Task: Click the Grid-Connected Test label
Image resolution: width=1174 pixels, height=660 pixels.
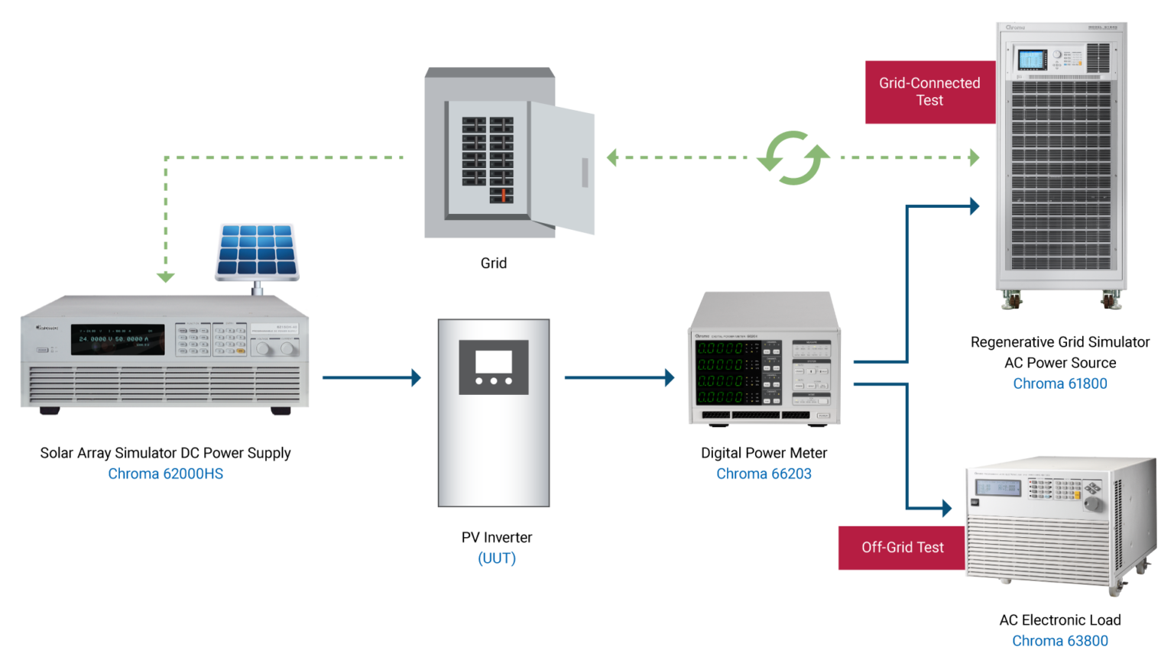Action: (929, 92)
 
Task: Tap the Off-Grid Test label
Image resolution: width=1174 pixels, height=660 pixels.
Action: (902, 548)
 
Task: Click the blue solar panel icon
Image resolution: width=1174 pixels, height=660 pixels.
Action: (257, 249)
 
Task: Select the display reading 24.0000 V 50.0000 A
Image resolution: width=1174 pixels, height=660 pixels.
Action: (117, 339)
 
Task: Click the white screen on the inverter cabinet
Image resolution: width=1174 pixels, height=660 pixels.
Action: (493, 361)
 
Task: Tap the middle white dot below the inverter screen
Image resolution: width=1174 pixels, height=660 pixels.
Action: (494, 380)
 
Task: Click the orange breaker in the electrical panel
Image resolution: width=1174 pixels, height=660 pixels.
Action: (504, 195)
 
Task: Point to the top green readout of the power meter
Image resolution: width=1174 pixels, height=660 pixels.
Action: (719, 348)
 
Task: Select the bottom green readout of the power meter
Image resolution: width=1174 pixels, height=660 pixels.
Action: (719, 397)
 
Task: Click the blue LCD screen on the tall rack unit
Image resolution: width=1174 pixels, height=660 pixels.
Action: (1032, 60)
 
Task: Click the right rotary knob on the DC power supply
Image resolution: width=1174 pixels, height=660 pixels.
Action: (287, 349)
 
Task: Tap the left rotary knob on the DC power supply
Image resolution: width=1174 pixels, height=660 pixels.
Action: (262, 349)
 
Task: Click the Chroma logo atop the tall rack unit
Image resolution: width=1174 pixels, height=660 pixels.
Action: (1015, 27)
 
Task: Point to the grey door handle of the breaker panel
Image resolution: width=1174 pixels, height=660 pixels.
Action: (585, 173)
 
